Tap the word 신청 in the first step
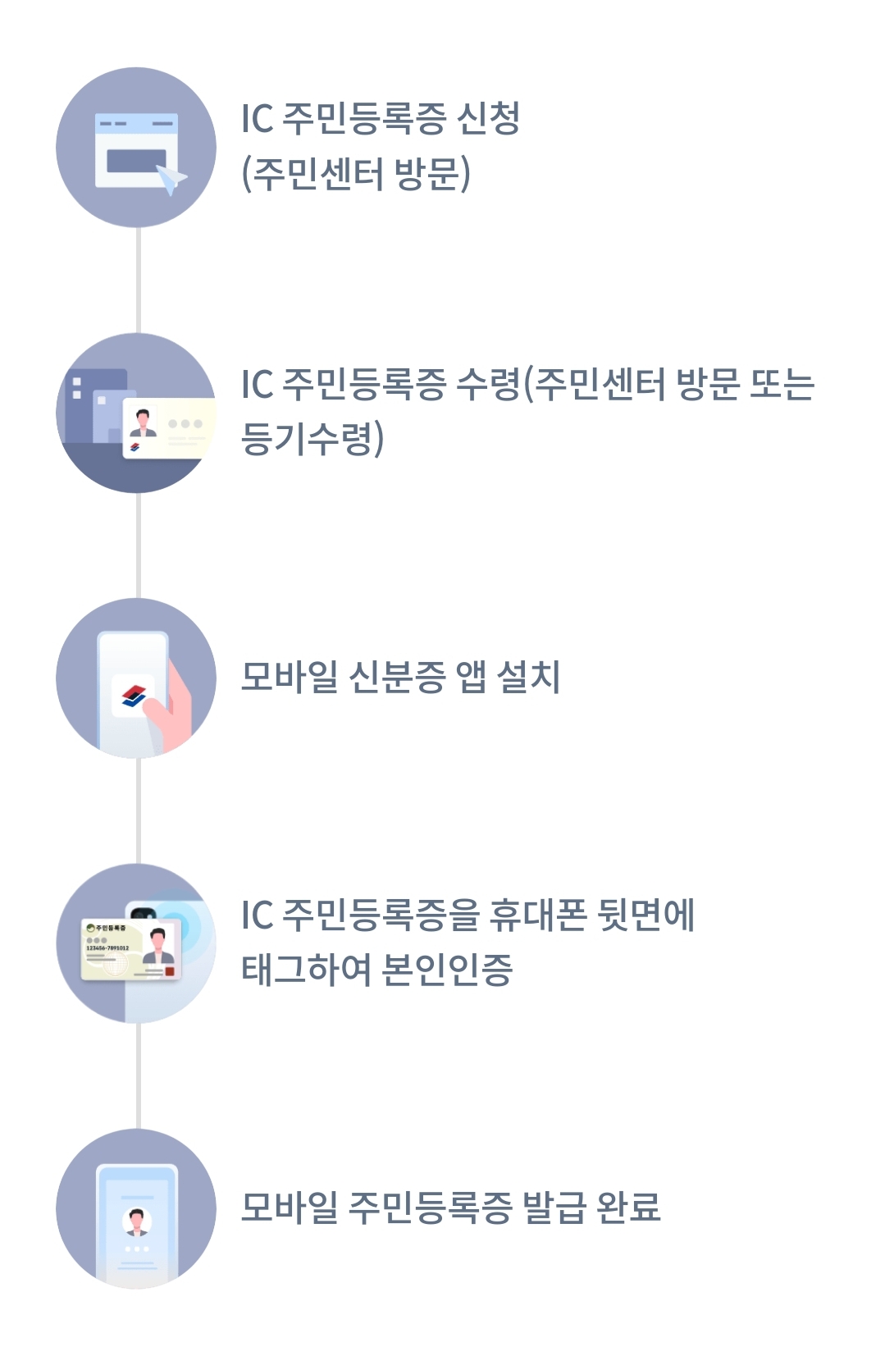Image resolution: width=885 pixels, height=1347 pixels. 488,119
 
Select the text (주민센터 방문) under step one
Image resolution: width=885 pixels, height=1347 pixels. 355,174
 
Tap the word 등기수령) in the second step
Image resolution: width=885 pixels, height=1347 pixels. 312,439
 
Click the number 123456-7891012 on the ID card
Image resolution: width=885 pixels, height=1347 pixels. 107,947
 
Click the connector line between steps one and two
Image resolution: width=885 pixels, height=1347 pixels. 138,280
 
